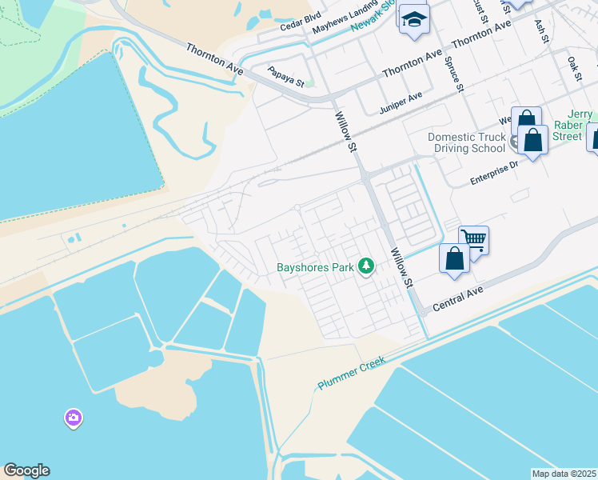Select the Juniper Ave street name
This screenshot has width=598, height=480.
tap(401, 102)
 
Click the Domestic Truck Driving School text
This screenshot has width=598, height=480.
tap(468, 142)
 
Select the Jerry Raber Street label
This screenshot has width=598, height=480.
tap(574, 126)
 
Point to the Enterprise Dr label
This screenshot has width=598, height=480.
tap(494, 172)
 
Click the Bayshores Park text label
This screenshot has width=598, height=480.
tap(315, 268)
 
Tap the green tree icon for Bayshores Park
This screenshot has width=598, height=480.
tap(366, 266)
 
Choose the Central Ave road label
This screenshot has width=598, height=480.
tap(459, 301)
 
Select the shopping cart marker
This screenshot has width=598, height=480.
tap(474, 238)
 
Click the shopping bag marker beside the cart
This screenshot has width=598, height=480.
tap(454, 259)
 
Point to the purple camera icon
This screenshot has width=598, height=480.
tap(73, 418)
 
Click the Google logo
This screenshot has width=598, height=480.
tap(26, 470)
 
